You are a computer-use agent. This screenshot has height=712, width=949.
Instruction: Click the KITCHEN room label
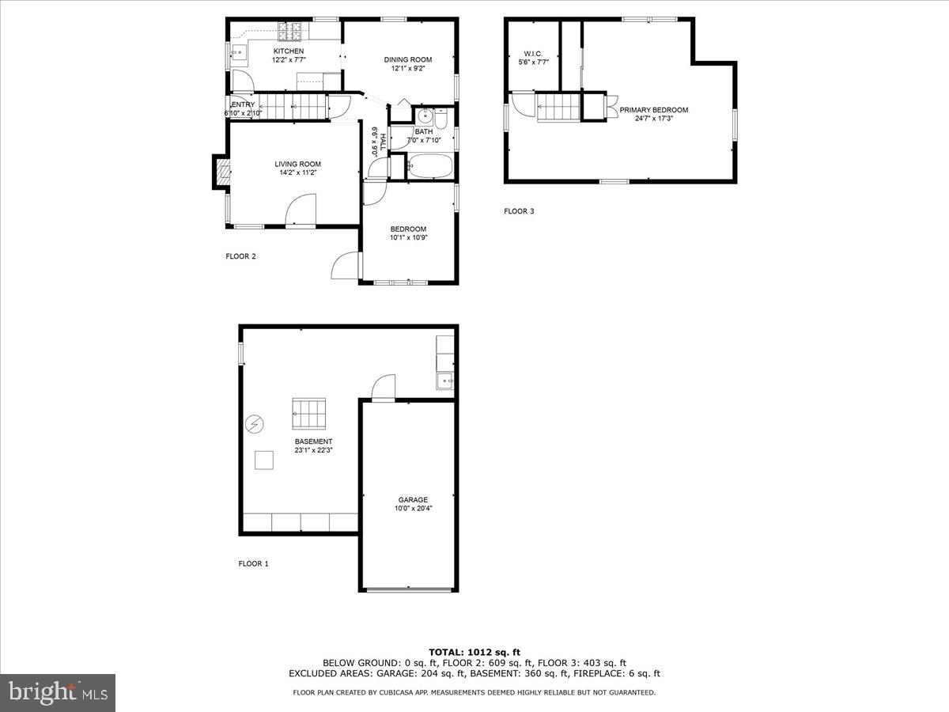[x=266, y=51]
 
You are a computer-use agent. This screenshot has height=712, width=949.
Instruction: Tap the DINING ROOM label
[x=408, y=59]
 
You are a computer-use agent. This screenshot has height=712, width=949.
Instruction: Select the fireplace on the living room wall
[x=222, y=172]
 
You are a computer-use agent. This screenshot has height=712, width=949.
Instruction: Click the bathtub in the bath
[x=429, y=166]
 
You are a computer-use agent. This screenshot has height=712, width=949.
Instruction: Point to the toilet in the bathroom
[x=441, y=119]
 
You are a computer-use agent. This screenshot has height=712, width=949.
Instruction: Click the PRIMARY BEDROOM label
[x=653, y=110]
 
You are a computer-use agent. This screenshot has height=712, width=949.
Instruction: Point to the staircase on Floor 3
[x=559, y=108]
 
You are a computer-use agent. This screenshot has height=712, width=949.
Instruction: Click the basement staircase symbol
[x=309, y=412]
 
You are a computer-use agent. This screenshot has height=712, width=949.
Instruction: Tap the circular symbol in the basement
[x=255, y=426]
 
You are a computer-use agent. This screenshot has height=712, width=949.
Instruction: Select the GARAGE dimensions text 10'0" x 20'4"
[x=413, y=509]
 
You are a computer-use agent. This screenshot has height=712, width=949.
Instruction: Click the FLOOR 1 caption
[x=254, y=564]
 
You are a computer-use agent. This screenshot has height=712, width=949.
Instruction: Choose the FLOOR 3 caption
[x=520, y=211]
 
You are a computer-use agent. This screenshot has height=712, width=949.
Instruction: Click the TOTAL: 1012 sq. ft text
[x=475, y=652]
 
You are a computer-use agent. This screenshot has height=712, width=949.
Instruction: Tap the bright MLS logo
[x=58, y=692]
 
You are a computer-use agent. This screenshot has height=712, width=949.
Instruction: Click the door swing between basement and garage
[x=383, y=388]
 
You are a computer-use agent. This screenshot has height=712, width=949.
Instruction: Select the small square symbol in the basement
[x=264, y=460]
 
